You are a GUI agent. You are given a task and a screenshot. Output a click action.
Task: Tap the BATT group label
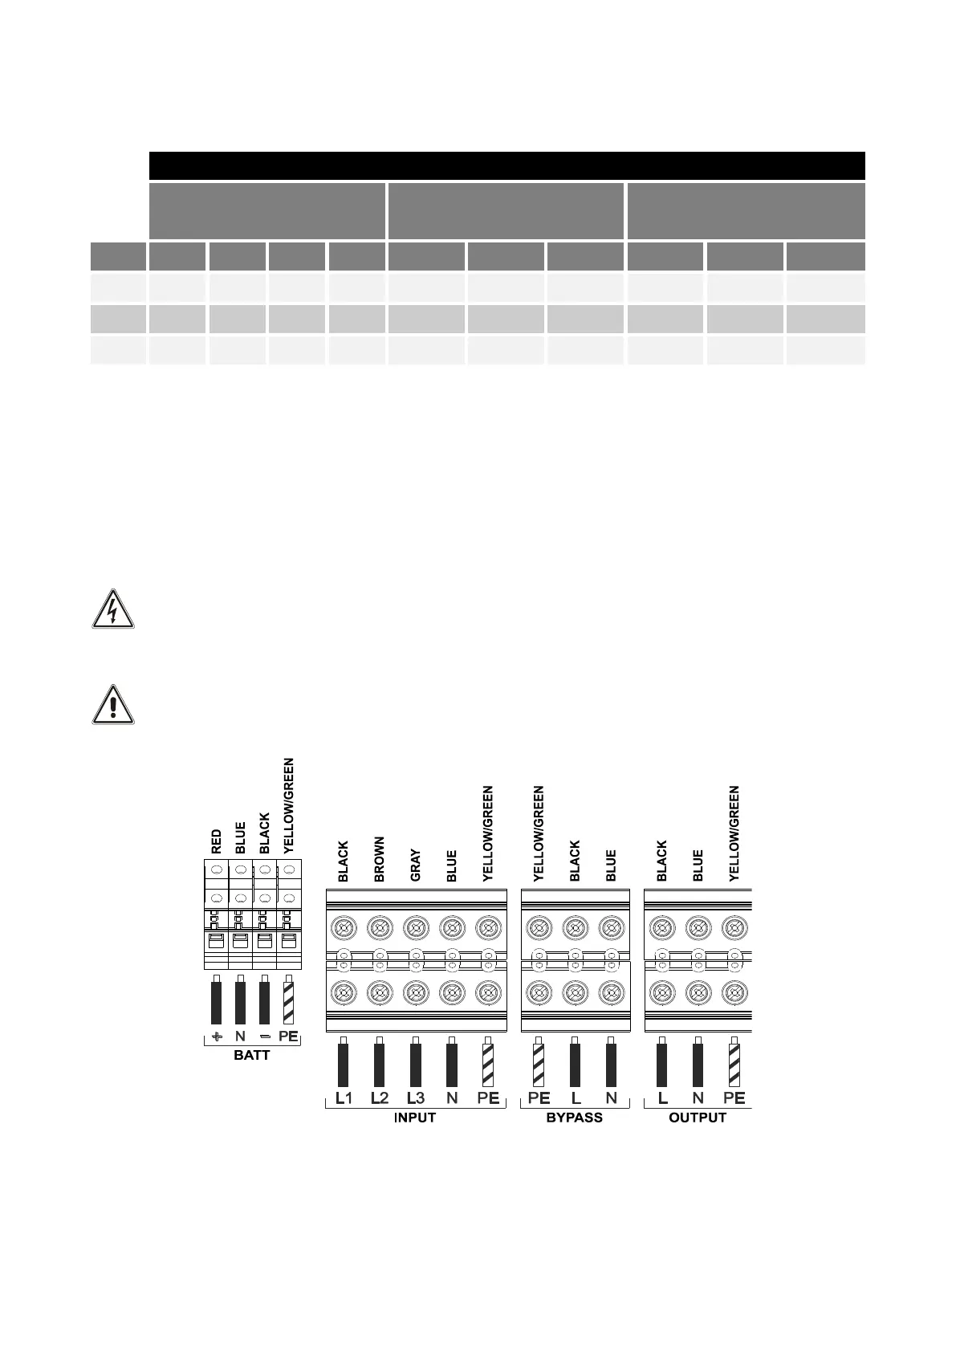[x=251, y=1055]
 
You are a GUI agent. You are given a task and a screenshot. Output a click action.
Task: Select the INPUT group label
[x=415, y=1118]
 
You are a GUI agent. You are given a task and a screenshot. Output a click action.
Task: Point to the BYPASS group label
[x=574, y=1118]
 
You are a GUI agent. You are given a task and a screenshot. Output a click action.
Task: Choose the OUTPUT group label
[x=697, y=1118]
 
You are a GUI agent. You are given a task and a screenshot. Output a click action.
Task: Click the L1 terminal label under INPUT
[x=343, y=1097]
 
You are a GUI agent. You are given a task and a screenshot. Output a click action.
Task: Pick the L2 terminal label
[x=379, y=1097]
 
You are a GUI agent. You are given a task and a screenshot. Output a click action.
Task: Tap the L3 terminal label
[x=415, y=1097]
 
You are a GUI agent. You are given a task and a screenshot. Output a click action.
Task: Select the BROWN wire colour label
[x=380, y=859]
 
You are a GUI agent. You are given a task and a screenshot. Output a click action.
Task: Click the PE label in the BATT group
[x=288, y=1036]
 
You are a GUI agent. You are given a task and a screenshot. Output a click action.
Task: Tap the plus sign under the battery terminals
[x=217, y=1036]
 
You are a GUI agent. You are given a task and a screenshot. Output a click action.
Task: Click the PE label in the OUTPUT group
[x=734, y=1097]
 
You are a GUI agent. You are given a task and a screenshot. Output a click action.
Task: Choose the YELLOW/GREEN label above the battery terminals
[x=289, y=805]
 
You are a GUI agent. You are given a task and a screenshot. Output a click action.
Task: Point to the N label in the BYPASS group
[x=611, y=1097]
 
